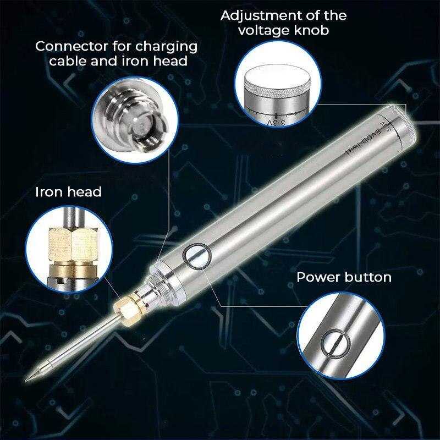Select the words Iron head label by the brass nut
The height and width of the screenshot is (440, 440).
(x=68, y=192)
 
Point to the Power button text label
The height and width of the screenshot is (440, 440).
(x=344, y=277)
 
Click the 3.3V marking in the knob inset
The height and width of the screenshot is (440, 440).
(x=277, y=122)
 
